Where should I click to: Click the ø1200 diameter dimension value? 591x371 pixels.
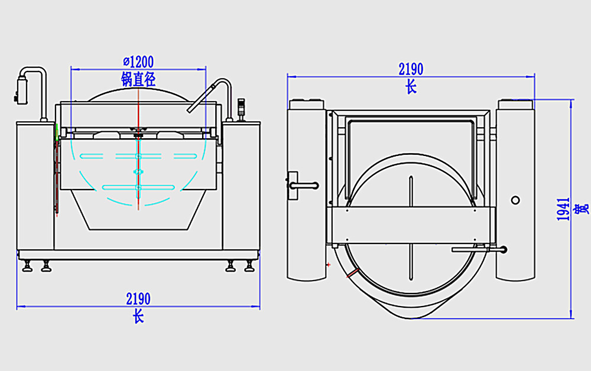coord(138,61)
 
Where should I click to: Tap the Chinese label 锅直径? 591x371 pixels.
coord(138,80)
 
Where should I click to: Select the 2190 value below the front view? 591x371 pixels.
coord(138,299)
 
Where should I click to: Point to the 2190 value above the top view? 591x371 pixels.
coord(411,69)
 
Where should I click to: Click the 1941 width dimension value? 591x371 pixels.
coord(563,209)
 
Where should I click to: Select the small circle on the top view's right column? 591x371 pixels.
coord(515,200)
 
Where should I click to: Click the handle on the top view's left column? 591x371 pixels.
coord(303,185)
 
